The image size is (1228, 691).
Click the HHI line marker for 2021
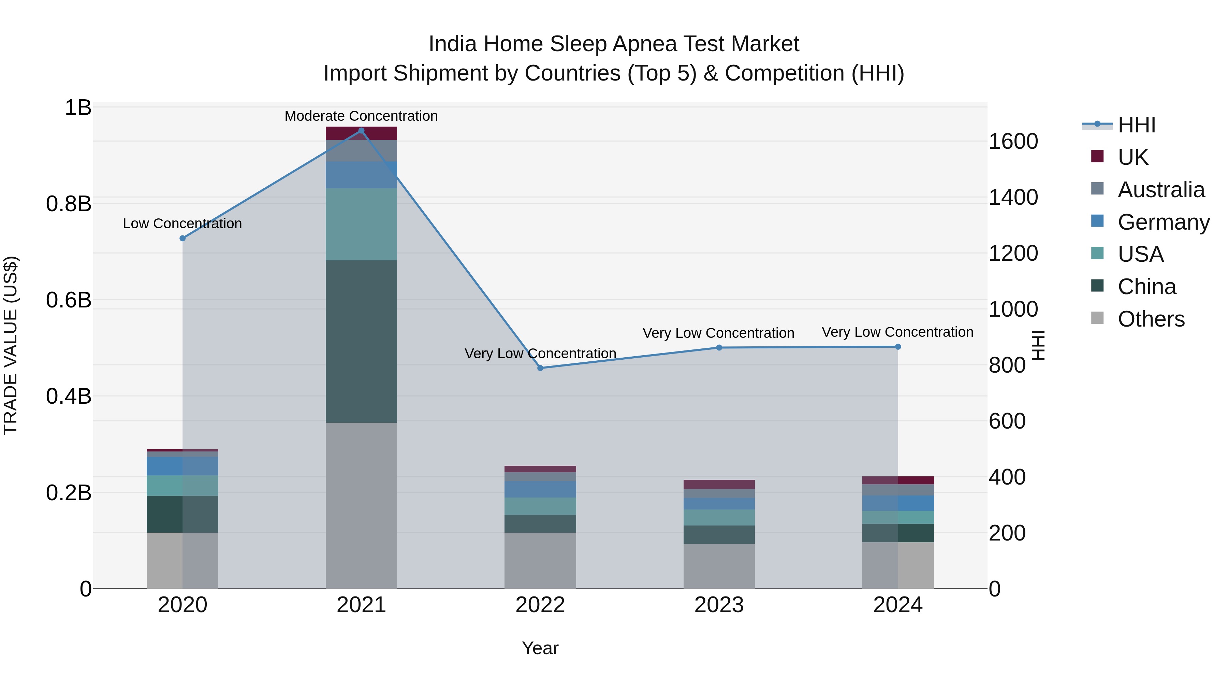[361, 131]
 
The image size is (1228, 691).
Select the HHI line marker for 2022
[540, 368]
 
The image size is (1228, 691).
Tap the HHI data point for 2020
[182, 239]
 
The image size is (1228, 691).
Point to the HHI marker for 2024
[898, 347]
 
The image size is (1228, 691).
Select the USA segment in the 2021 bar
[361, 224]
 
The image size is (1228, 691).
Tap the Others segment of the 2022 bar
[540, 560]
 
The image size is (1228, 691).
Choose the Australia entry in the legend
[1160, 190]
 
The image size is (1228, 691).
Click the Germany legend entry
[1163, 222]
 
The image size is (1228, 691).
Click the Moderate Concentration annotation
[361, 116]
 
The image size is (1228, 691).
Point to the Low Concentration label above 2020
[182, 224]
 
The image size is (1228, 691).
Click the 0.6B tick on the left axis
[68, 300]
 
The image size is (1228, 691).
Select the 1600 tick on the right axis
[1013, 142]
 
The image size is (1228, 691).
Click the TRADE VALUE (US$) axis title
[11, 345]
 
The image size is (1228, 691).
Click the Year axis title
[540, 648]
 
